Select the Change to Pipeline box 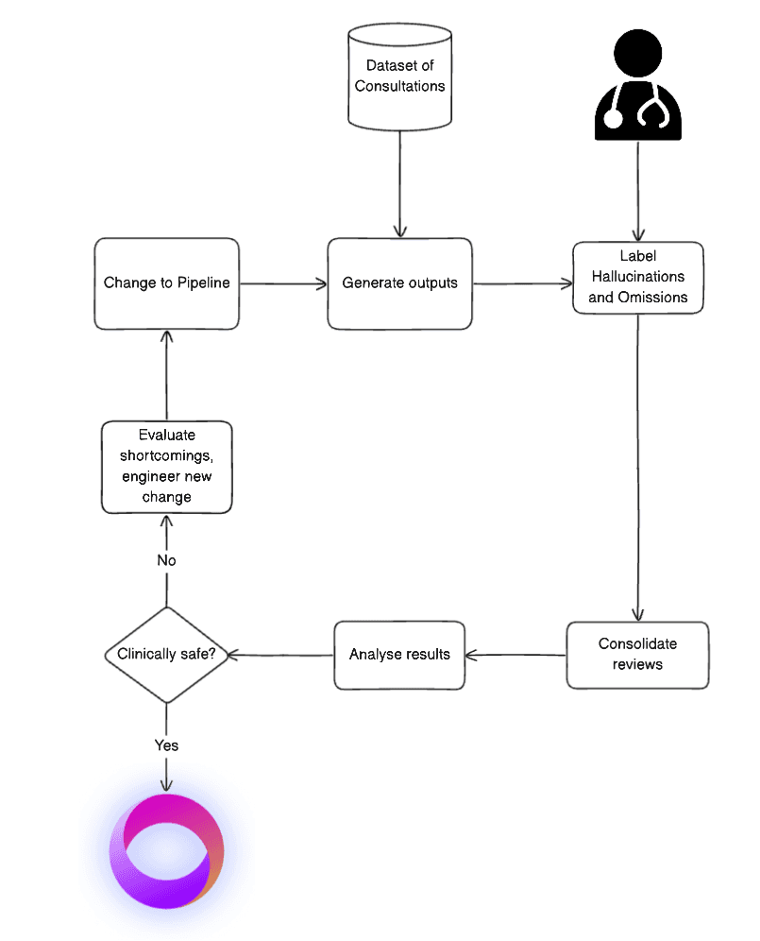coord(166,283)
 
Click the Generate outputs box coord(399,283)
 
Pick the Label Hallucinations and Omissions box coord(638,277)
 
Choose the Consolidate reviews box coord(637,654)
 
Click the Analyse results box coord(399,654)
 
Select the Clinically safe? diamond coord(166,655)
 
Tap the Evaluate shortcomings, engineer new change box coord(166,467)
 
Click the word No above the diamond coord(166,560)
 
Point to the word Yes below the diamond coord(166,745)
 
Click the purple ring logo coord(166,851)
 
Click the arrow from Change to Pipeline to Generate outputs coord(283,282)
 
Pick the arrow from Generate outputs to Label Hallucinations coord(522,282)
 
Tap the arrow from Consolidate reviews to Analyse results coord(516,654)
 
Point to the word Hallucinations coord(638,277)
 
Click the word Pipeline coord(203,283)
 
